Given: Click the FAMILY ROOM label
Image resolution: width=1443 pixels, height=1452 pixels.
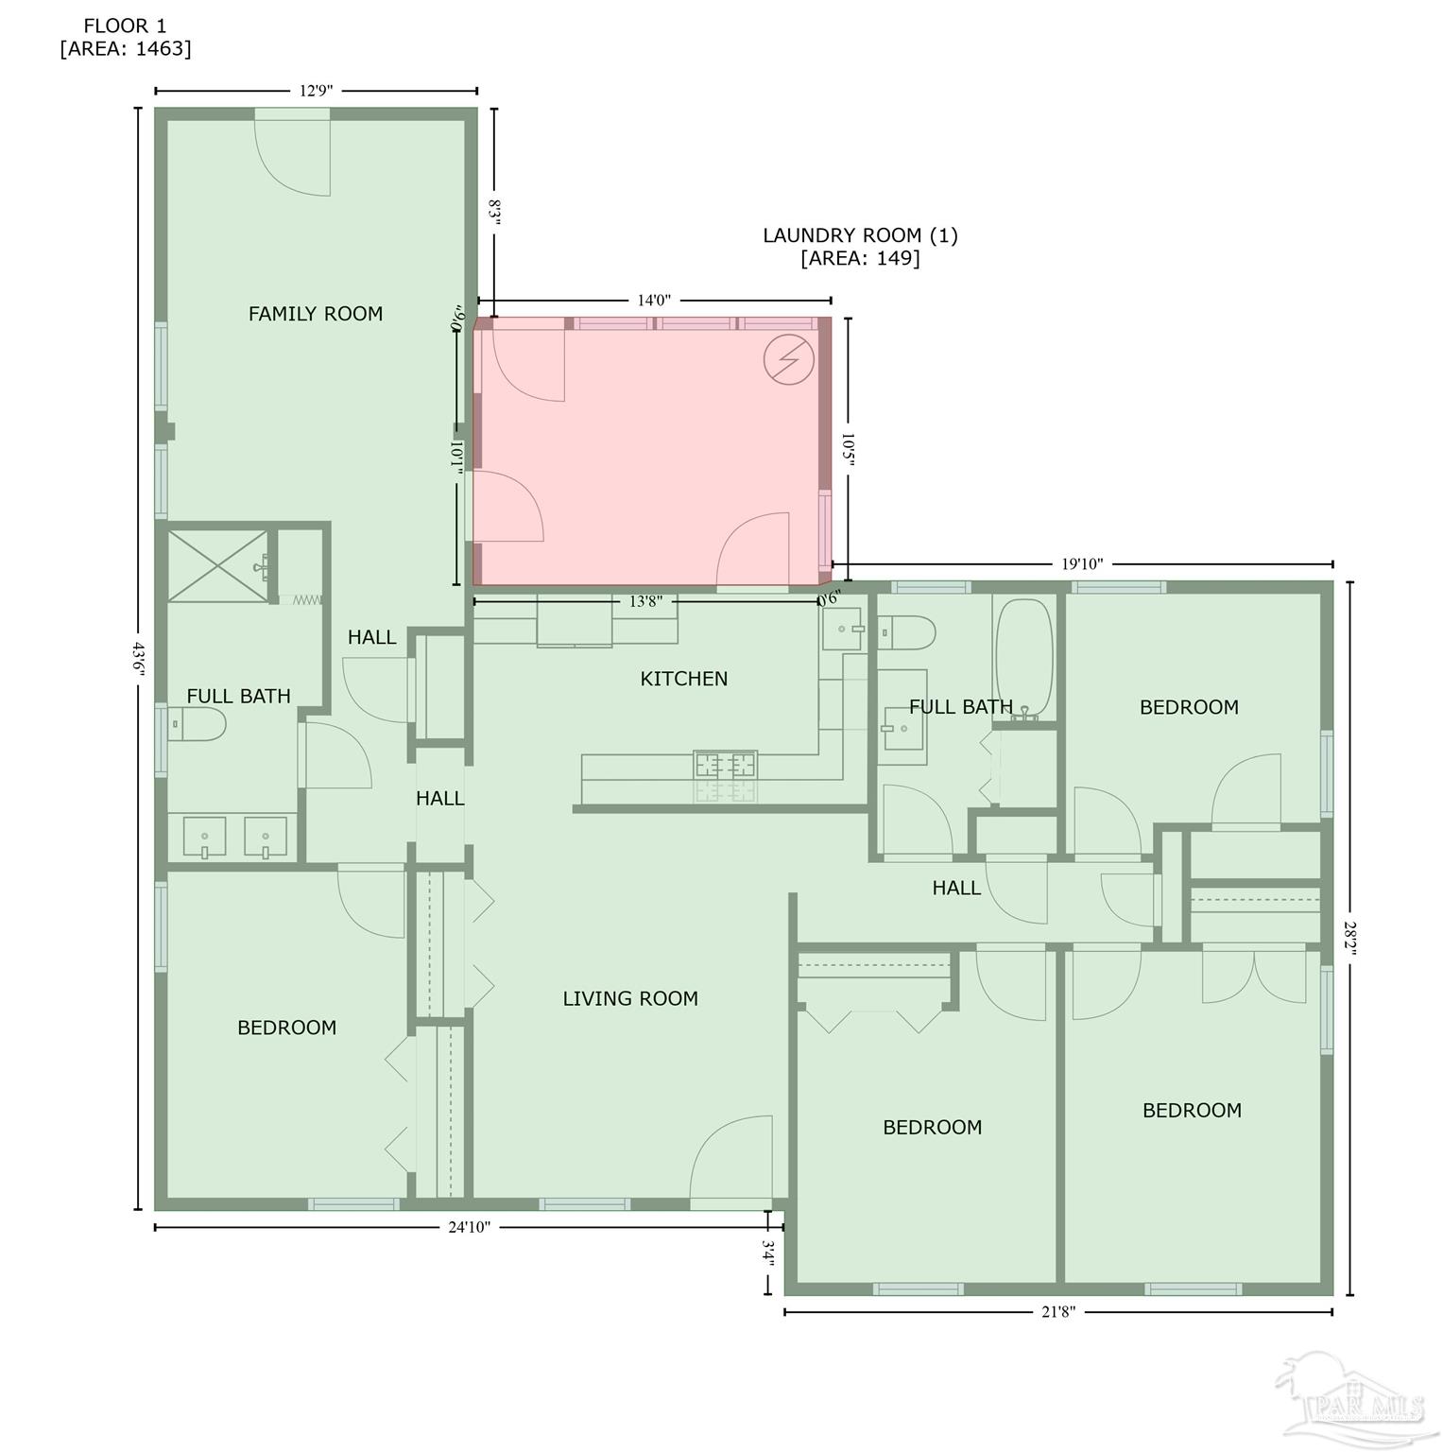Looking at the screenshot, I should pyautogui.click(x=316, y=314).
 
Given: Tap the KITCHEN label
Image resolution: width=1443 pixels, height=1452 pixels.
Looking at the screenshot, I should pyautogui.click(x=683, y=679).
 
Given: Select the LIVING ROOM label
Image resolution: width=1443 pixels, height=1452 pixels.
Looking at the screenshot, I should pyautogui.click(x=630, y=999).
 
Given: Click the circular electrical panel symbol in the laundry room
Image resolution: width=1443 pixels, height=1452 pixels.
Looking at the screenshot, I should pyautogui.click(x=788, y=359).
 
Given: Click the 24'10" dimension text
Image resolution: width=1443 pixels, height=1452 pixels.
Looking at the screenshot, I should pyautogui.click(x=469, y=1228).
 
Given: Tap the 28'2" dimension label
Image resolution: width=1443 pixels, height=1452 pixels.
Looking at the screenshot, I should pyautogui.click(x=1350, y=938).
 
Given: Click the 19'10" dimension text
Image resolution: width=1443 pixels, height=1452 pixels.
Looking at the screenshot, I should pyautogui.click(x=1082, y=564).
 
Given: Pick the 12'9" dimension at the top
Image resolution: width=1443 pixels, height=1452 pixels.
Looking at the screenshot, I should pyautogui.click(x=316, y=91).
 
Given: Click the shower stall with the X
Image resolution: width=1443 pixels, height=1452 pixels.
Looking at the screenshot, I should pyautogui.click(x=217, y=565).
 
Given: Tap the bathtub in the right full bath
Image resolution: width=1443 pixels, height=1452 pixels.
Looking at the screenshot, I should pyautogui.click(x=1023, y=658).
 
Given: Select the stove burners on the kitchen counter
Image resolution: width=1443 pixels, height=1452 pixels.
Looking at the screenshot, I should pyautogui.click(x=726, y=765).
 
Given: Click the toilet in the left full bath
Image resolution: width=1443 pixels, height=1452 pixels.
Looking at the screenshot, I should pyautogui.click(x=198, y=725).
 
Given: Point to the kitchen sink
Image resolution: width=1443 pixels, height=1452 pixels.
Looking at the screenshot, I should pyautogui.click(x=842, y=629).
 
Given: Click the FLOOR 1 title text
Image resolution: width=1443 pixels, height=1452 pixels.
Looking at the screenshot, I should pyautogui.click(x=125, y=26).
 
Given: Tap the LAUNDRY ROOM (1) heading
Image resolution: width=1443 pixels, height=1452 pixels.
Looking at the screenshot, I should pyautogui.click(x=860, y=235).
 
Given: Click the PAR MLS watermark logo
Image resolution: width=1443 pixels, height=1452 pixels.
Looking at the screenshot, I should pyautogui.click(x=1352, y=1399).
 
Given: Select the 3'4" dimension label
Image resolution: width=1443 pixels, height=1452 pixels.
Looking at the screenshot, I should pyautogui.click(x=768, y=1254).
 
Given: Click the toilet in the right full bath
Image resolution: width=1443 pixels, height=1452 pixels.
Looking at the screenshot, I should pyautogui.click(x=907, y=631).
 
